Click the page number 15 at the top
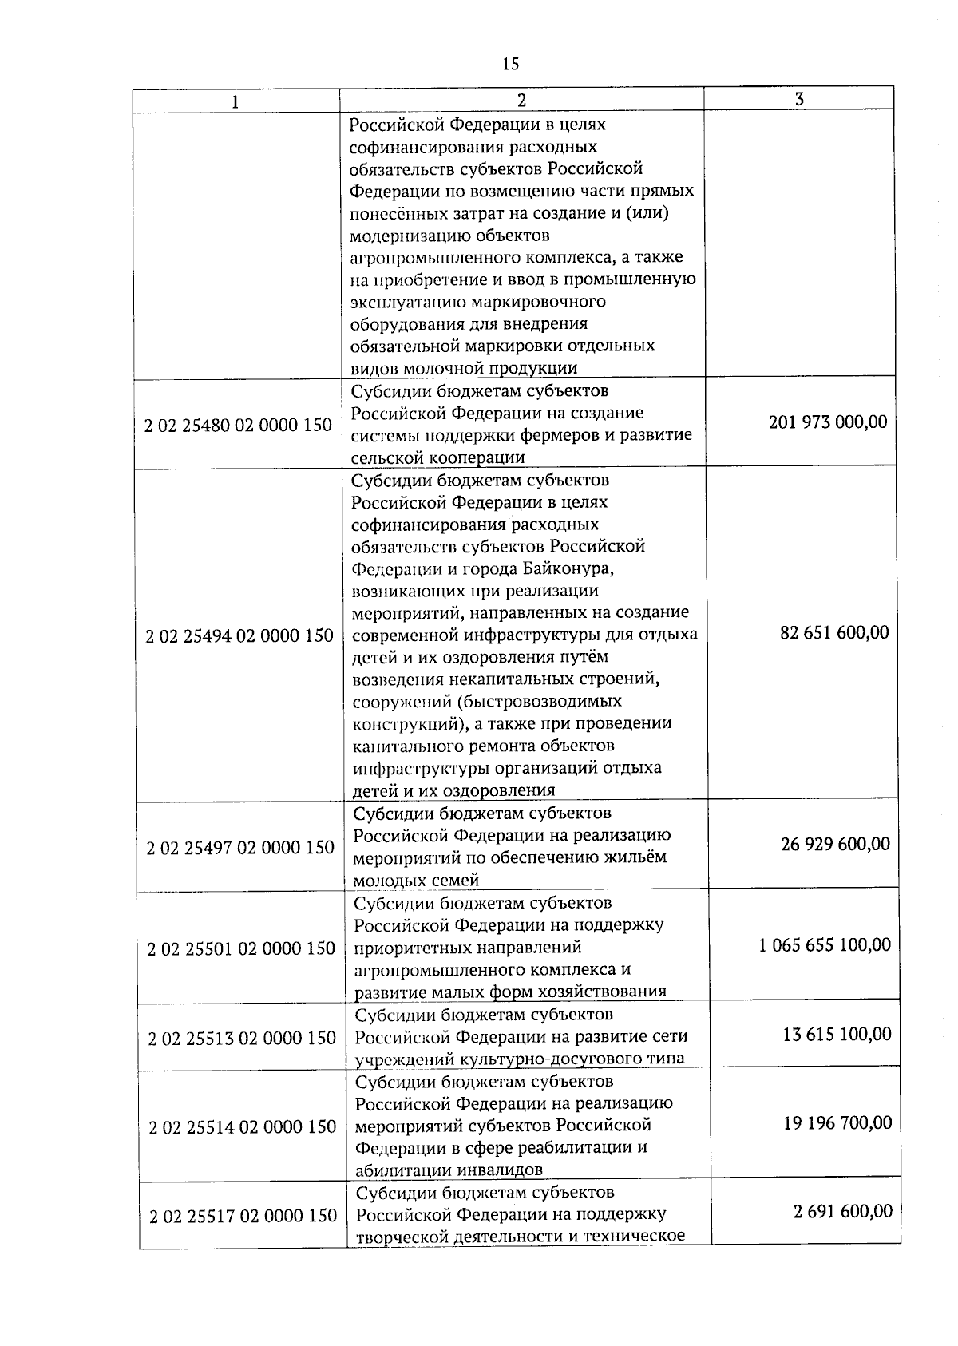(511, 64)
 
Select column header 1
(235, 101)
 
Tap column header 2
(521, 100)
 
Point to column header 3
(799, 98)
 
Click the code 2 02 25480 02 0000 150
(238, 426)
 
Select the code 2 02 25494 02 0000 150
(239, 636)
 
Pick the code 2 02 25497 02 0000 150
(240, 848)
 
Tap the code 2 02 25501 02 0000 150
(241, 949)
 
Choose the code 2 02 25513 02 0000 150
(242, 1039)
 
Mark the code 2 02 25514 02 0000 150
(243, 1127)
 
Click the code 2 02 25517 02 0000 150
(243, 1217)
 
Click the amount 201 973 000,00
(828, 422)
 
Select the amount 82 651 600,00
(834, 633)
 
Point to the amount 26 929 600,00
(835, 845)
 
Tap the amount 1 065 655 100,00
(825, 945)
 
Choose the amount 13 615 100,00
(837, 1035)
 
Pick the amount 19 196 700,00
(837, 1123)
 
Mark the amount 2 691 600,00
(843, 1212)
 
